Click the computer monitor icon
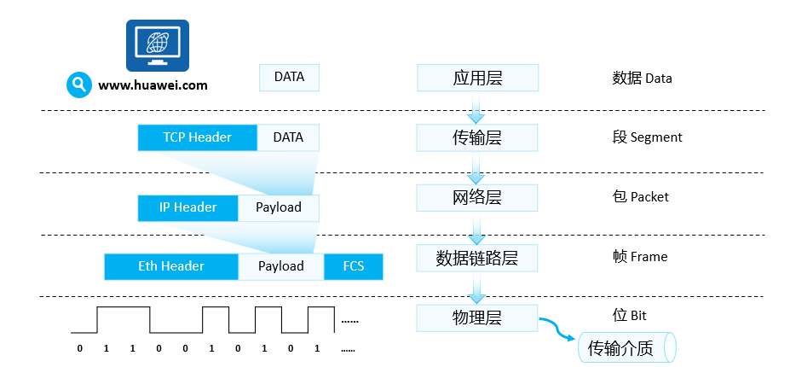158,45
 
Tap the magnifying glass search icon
79,84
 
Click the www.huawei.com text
153,85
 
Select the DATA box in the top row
289,78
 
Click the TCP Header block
197,137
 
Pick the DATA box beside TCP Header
288,137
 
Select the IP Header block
187,207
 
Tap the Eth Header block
170,266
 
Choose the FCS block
353,266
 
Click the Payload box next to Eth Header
281,266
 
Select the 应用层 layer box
477,78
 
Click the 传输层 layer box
477,137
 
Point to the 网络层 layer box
477,197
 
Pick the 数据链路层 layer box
477,257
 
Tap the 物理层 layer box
477,317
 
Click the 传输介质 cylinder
626,347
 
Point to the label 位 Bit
629,317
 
